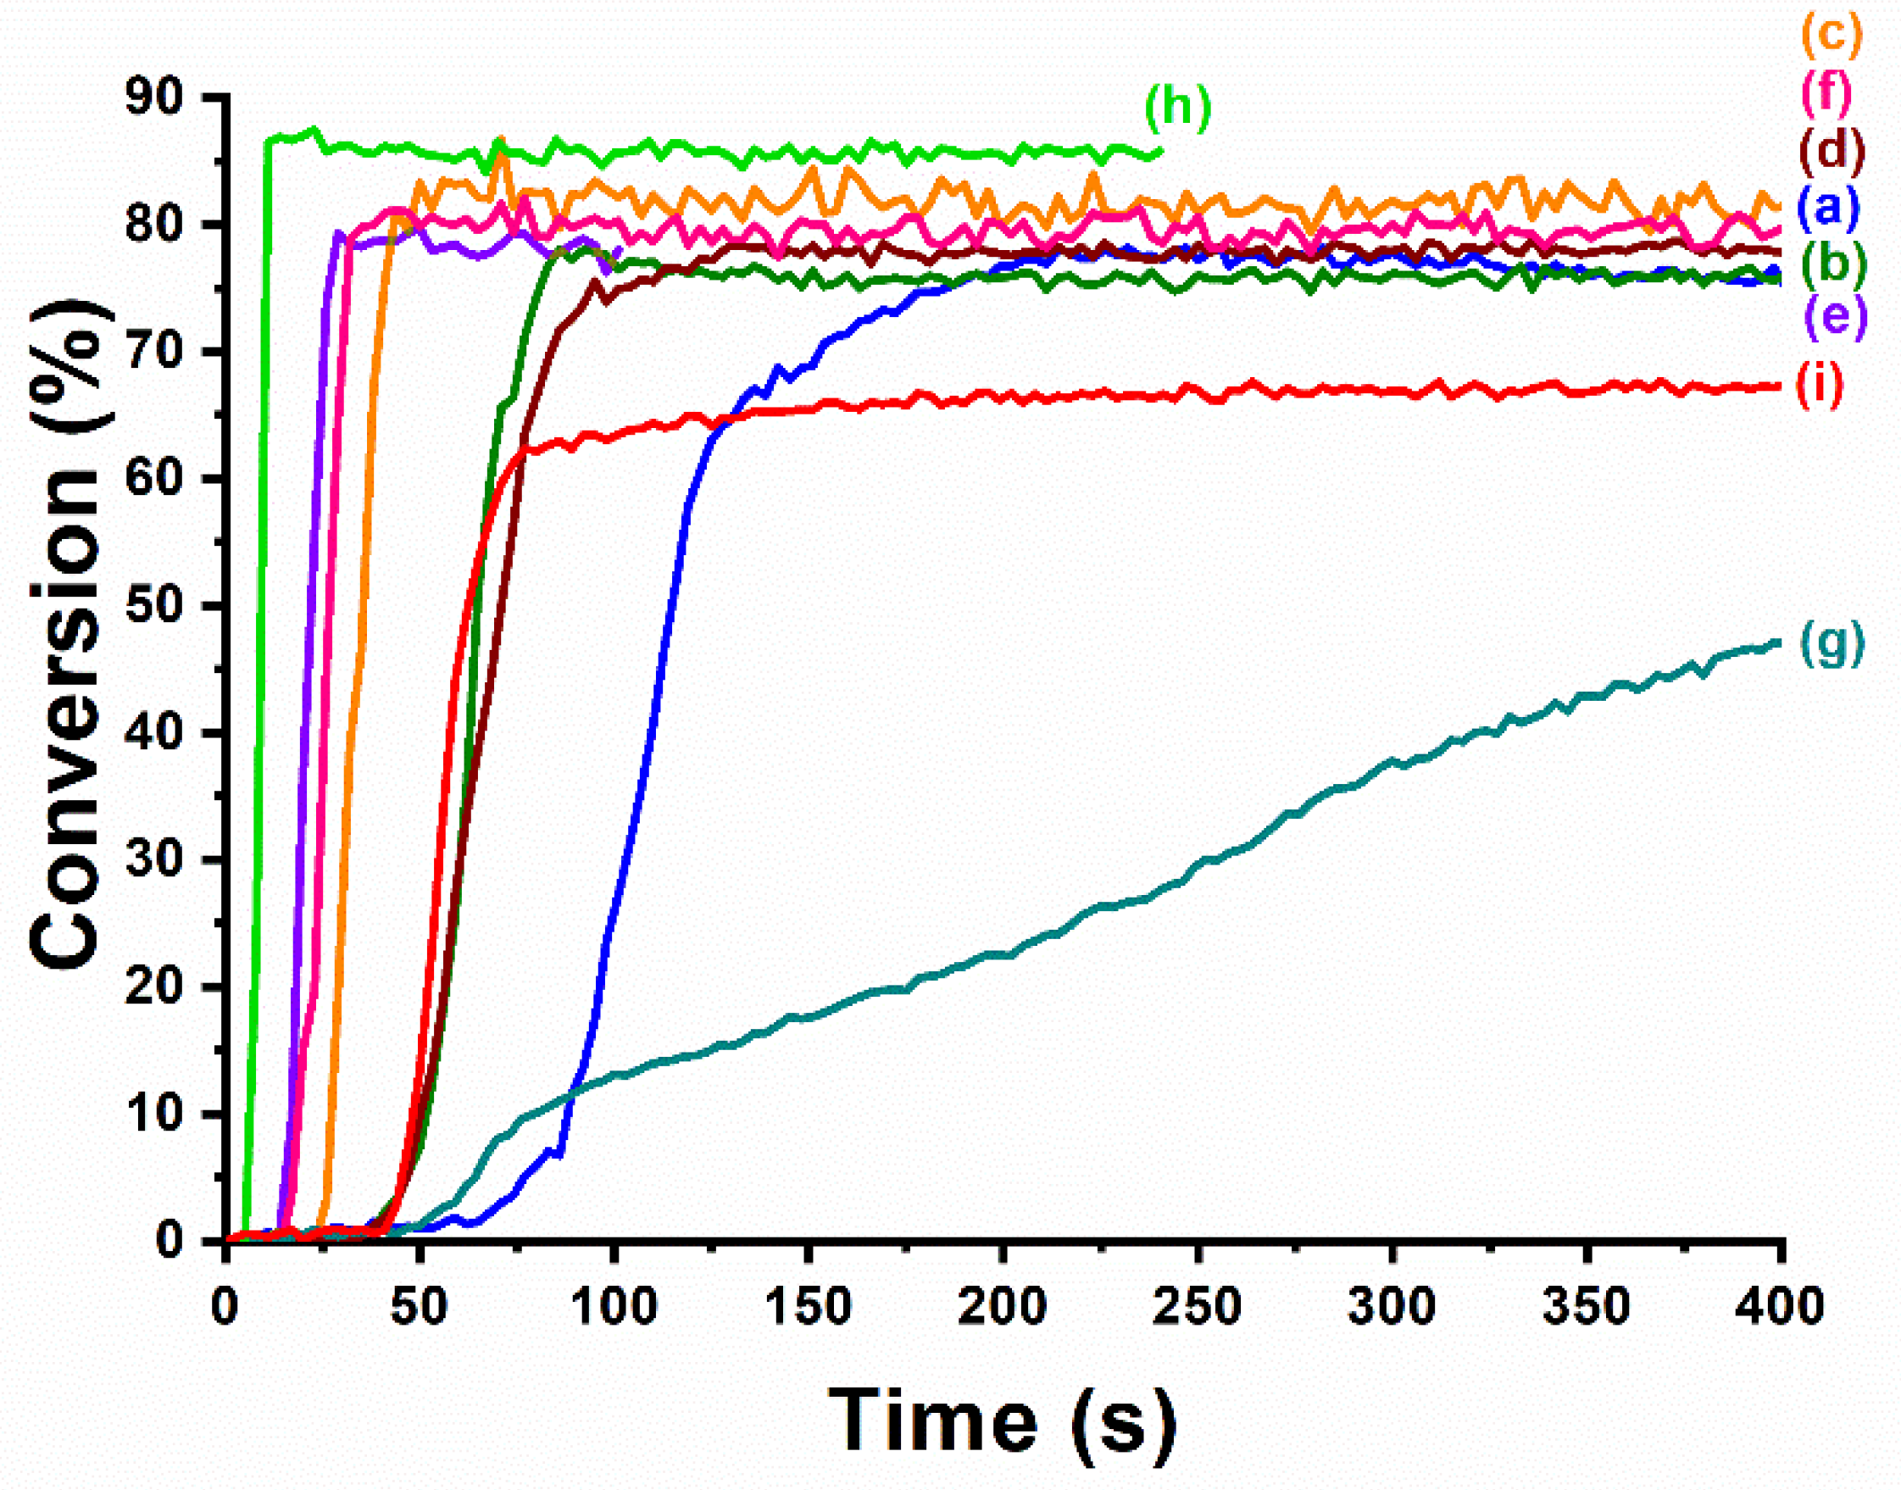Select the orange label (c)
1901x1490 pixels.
point(1831,35)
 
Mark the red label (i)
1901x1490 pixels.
point(1819,384)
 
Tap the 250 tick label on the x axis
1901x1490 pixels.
point(1197,1307)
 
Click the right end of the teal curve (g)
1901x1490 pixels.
point(1778,643)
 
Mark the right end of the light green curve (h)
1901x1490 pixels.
point(1161,151)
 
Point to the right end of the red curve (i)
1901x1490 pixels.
point(1778,386)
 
